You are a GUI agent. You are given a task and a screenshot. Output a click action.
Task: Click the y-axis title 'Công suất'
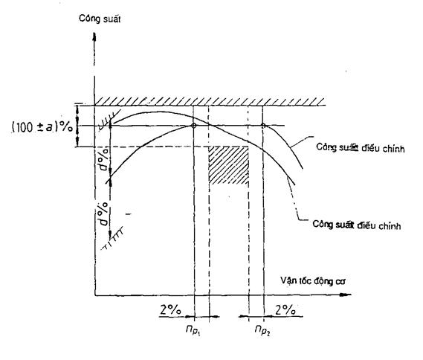coord(100,19)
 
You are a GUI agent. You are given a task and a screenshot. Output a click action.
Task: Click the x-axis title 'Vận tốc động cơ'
coord(313,280)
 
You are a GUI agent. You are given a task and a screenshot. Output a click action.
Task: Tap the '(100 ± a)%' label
coord(42,127)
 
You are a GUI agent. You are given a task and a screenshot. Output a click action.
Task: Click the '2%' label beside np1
coord(170,309)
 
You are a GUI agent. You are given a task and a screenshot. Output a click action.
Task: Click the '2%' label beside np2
coord(285,310)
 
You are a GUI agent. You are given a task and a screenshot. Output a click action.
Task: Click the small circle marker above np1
coord(193,126)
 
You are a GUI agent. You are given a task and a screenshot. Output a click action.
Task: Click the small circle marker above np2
coord(263,126)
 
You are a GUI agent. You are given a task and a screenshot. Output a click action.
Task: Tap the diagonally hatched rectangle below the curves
coord(229,165)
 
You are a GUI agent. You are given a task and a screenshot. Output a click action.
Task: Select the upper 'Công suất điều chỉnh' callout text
coord(360,148)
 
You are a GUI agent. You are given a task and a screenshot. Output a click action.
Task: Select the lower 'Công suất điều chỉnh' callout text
coord(356,225)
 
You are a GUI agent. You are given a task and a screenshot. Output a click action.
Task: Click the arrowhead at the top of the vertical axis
coord(94,37)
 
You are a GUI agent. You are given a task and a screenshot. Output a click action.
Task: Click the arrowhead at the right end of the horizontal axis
coord(346,295)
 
